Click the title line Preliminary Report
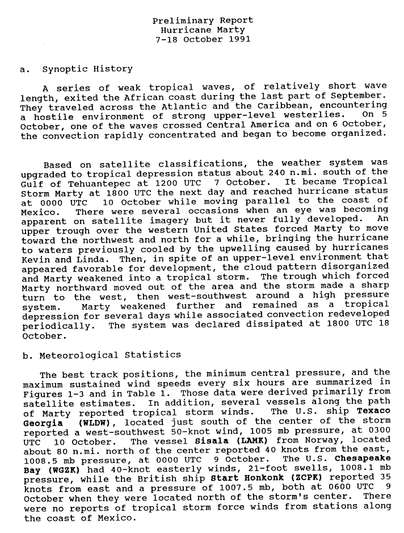[x=203, y=20]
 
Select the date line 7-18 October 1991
[x=203, y=40]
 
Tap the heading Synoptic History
[x=87, y=69]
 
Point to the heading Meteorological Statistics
[x=110, y=355]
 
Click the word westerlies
[x=314, y=115]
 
